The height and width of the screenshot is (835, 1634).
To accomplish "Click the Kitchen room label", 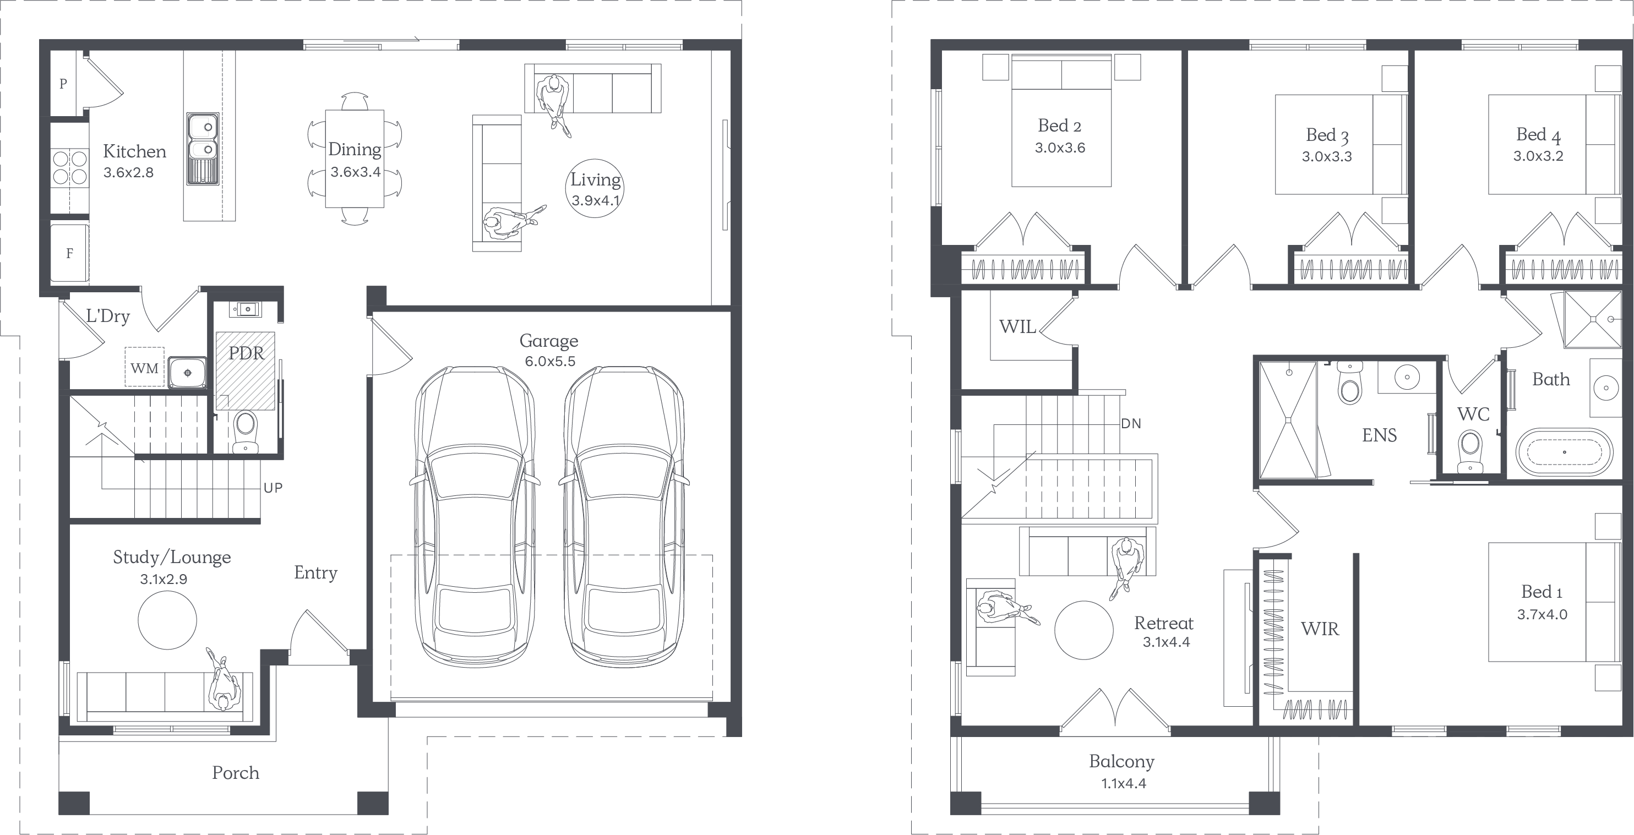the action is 134,151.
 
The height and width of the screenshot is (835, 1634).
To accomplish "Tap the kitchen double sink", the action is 203,149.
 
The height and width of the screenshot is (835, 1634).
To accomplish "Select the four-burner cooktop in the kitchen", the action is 70,167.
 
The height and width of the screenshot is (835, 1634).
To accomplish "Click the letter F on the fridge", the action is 70,254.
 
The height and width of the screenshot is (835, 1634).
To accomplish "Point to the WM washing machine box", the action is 145,367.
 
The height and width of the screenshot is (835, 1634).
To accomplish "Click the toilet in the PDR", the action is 246,431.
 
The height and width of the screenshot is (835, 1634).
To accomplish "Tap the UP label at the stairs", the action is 273,488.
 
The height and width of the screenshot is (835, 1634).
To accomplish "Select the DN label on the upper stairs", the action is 1131,423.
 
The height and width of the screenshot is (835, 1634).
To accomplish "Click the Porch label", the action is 235,773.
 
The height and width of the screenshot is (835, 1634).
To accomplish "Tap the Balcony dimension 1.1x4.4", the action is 1123,783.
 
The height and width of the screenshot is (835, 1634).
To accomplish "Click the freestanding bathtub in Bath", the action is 1564,452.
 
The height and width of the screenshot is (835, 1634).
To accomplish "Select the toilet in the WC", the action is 1470,451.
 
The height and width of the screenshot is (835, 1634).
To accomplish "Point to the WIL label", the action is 1017,327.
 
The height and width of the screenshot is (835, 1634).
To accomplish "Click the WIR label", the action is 1320,629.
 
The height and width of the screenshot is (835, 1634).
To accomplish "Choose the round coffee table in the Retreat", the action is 1083,630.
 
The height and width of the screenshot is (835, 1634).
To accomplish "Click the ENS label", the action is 1380,435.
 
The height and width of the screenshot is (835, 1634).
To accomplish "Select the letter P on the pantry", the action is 63,84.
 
